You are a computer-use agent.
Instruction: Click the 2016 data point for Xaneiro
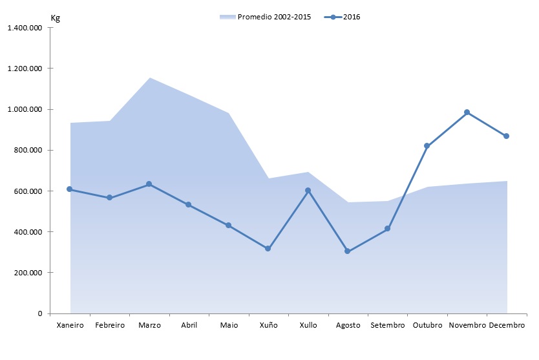click(x=70, y=189)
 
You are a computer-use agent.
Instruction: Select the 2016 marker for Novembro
click(x=467, y=112)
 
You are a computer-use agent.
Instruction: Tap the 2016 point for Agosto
click(x=348, y=251)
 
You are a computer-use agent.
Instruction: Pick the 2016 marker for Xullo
click(x=308, y=191)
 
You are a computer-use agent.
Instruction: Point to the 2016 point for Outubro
click(x=427, y=146)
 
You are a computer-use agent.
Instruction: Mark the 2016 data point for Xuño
click(x=268, y=248)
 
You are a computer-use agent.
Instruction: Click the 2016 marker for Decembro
click(x=507, y=136)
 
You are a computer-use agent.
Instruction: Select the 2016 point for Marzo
click(x=149, y=184)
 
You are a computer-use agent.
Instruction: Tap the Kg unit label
click(x=56, y=17)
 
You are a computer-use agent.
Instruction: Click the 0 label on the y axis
click(x=40, y=313)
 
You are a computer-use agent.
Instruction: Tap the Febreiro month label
click(x=109, y=325)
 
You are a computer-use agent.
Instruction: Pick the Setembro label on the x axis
click(x=388, y=325)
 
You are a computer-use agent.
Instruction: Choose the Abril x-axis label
click(x=189, y=325)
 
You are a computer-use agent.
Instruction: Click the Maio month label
click(x=229, y=325)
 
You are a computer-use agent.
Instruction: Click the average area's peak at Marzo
click(x=149, y=78)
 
